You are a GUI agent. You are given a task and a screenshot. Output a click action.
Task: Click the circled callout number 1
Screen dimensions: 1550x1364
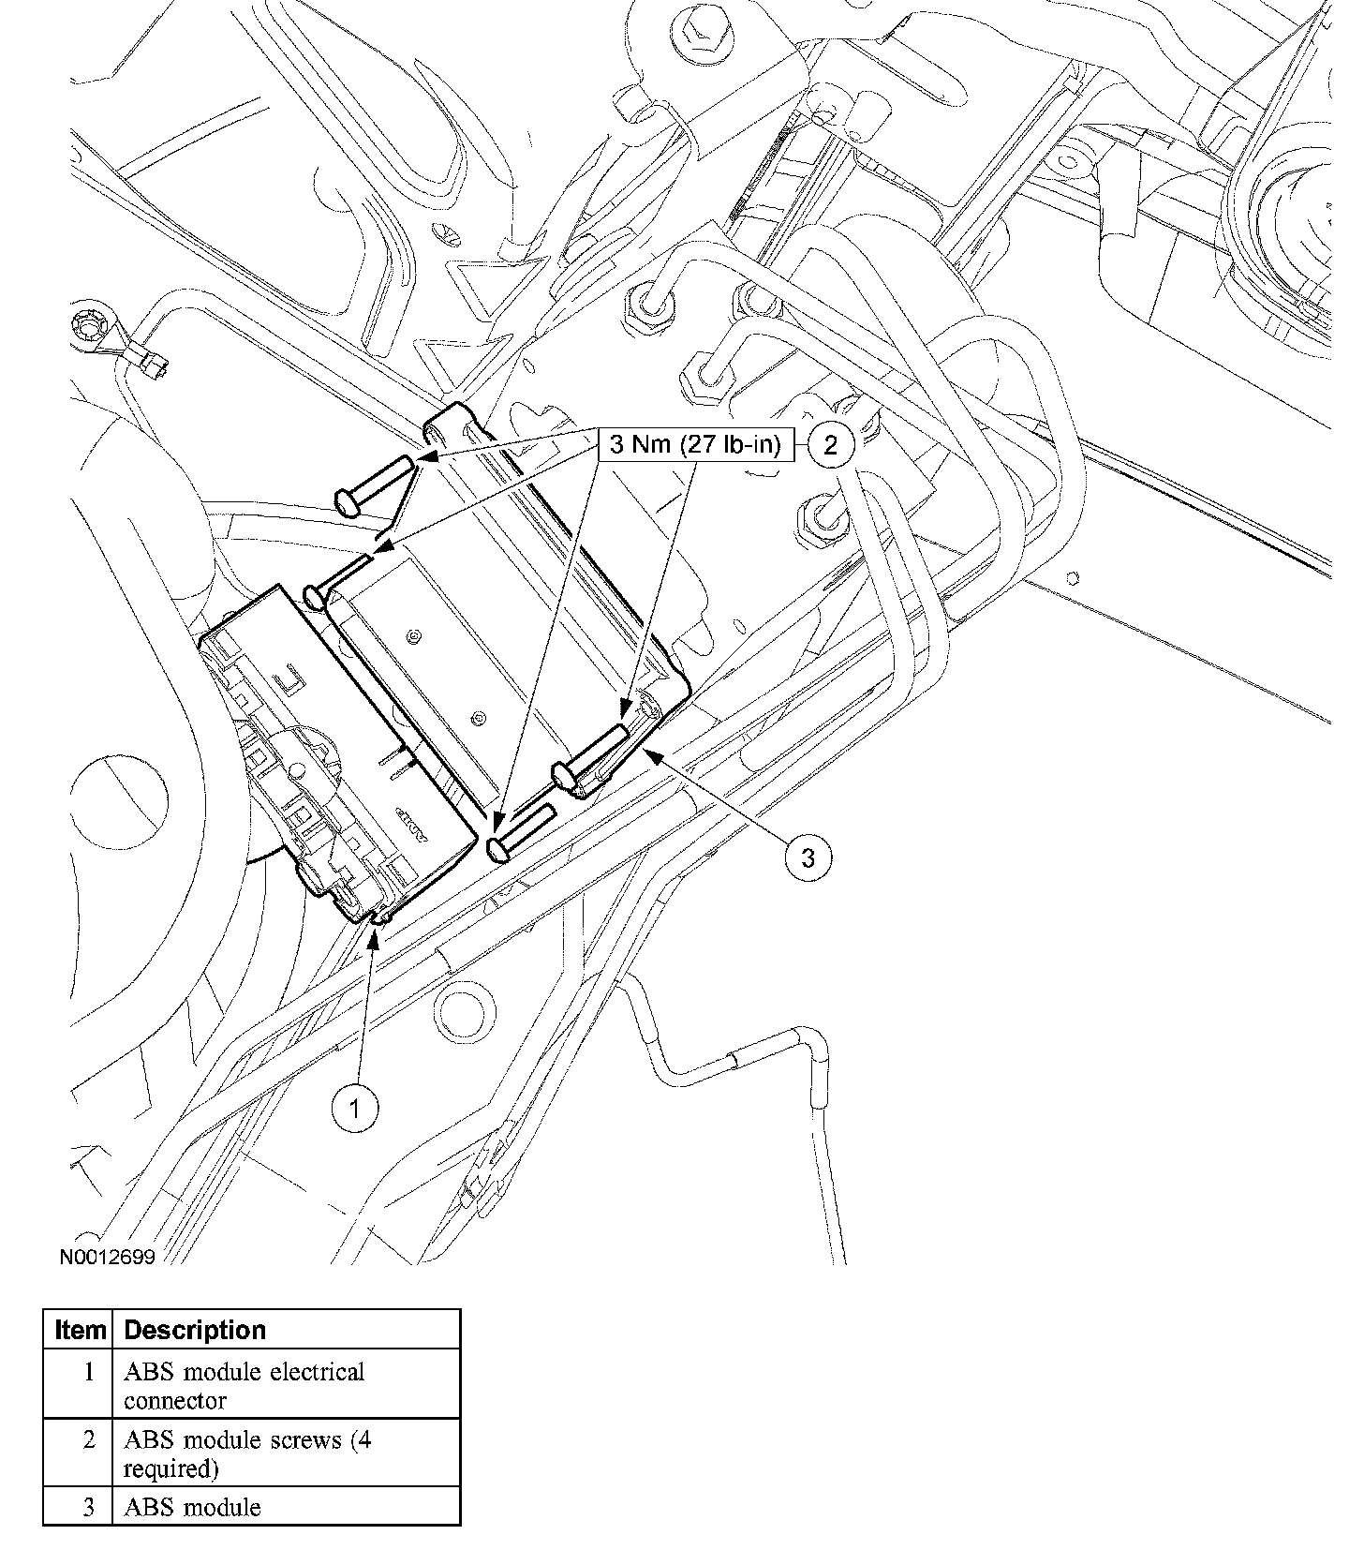(355, 1110)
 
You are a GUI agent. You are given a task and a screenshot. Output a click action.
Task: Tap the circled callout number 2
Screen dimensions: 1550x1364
(830, 444)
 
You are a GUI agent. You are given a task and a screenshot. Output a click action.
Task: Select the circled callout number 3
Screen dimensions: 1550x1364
(808, 857)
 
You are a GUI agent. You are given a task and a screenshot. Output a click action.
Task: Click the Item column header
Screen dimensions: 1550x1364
(79, 1330)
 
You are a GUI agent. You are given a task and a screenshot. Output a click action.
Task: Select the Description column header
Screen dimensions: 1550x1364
(195, 1330)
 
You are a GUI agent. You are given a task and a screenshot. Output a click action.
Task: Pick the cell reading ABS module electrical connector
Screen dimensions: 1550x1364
(244, 1385)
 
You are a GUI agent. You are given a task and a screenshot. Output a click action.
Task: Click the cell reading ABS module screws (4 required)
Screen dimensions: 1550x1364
(247, 1453)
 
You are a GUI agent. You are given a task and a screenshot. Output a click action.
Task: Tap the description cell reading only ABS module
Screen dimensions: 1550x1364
(192, 1507)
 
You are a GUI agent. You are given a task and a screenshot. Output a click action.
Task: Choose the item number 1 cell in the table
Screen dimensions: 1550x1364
(88, 1373)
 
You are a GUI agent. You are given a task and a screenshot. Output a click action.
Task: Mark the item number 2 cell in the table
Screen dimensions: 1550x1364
(88, 1440)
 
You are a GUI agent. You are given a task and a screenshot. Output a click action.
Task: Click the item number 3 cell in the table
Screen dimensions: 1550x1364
(88, 1507)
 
